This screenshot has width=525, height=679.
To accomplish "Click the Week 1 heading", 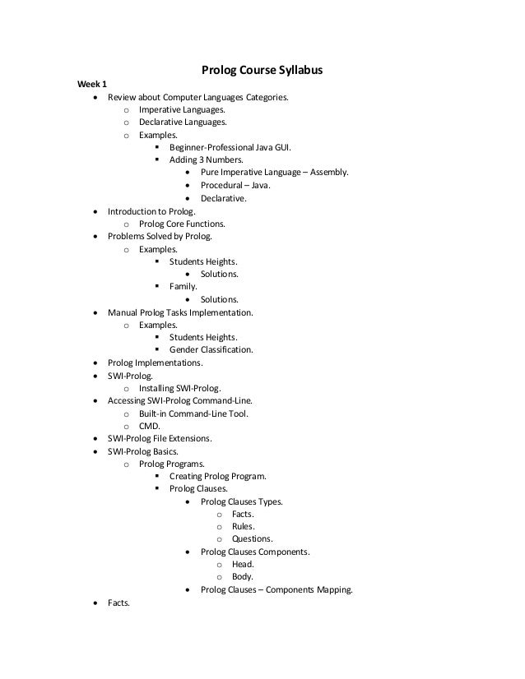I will tap(91, 84).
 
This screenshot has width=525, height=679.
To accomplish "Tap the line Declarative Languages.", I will tap(182, 122).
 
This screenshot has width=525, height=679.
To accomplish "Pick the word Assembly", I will tap(328, 173).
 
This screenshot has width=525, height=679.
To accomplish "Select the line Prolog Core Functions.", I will tap(182, 224).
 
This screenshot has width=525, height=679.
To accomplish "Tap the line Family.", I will tap(184, 286).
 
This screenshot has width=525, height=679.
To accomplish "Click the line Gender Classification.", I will tap(211, 349).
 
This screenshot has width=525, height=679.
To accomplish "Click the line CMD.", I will tap(150, 426).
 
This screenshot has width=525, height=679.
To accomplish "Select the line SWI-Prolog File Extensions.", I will tap(160, 438).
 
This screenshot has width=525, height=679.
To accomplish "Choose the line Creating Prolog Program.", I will tap(217, 476).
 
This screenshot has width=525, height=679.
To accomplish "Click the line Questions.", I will tap(252, 539).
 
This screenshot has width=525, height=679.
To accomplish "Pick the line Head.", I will tap(243, 564).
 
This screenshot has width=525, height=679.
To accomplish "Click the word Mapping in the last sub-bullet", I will tap(332, 589).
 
